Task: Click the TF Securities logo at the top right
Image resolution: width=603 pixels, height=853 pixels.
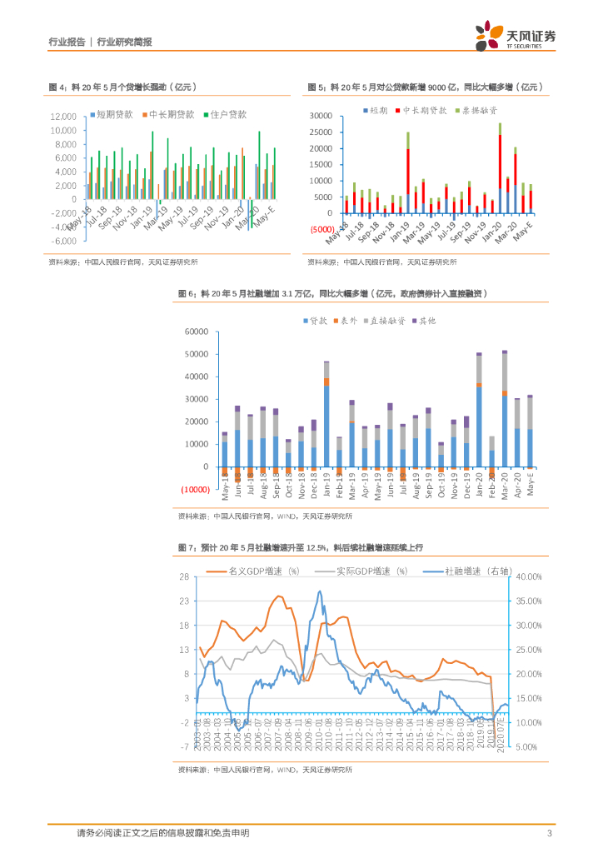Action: [x=516, y=37]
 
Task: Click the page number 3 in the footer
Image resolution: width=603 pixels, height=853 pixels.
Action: [x=550, y=833]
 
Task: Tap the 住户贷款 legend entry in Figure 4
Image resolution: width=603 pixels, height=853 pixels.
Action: [x=228, y=114]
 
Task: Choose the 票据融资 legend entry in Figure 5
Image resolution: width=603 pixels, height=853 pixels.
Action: [x=481, y=110]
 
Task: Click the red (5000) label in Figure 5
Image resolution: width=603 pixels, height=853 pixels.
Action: [x=321, y=229]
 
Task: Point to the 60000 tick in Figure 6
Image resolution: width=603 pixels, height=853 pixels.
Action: [x=197, y=332]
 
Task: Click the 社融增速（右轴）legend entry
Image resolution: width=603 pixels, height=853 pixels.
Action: [x=471, y=571]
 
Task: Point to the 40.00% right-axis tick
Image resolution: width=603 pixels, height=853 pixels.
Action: [x=529, y=576]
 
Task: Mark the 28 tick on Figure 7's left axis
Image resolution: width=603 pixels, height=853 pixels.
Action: [x=188, y=576]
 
